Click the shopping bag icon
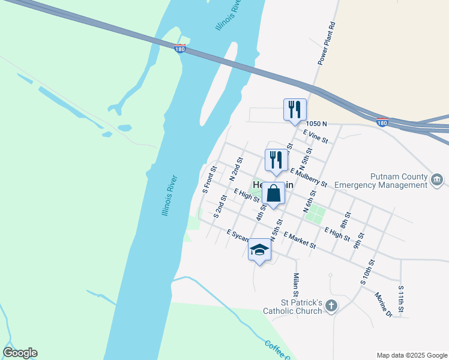point(273,194)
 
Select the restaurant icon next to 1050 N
point(295,110)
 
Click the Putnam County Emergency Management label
point(381,181)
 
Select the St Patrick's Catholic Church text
point(293,307)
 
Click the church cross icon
point(331,307)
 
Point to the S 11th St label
point(401,301)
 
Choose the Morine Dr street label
point(383,305)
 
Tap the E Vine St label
point(316,137)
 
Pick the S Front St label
point(209,179)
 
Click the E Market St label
point(300,240)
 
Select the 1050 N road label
point(316,124)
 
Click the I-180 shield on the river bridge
point(179,49)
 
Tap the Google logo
point(20,353)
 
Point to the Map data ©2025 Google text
point(411,355)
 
